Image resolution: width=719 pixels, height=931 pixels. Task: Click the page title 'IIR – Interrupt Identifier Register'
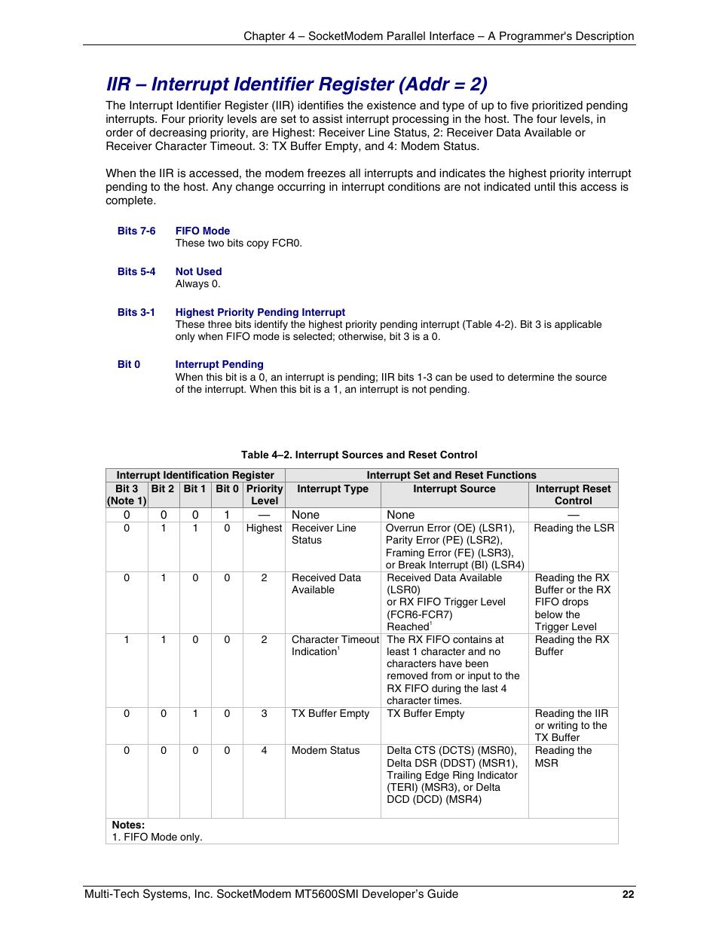pyautogui.click(x=296, y=84)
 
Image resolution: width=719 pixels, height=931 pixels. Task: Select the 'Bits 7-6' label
pyautogui.click(x=136, y=231)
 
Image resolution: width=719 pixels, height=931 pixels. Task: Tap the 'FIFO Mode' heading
pyautogui.click(x=202, y=231)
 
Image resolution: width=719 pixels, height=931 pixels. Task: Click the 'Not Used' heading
pyautogui.click(x=198, y=271)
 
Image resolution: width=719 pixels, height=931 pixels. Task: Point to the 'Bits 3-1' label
pyautogui.click(x=136, y=312)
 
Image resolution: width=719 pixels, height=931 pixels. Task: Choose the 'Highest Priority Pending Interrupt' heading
pyautogui.click(x=260, y=312)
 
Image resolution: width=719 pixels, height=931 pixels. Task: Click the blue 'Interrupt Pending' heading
pyautogui.click(x=219, y=364)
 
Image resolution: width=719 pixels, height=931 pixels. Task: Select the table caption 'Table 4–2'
pyautogui.click(x=359, y=455)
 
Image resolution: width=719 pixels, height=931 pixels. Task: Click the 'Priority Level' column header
pyautogui.click(x=264, y=495)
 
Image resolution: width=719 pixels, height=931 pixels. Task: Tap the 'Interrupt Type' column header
pyautogui.click(x=332, y=488)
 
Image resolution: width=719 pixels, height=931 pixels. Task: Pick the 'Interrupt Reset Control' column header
pyautogui.click(x=573, y=495)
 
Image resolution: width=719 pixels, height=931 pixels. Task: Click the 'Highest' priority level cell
pyautogui.click(x=264, y=528)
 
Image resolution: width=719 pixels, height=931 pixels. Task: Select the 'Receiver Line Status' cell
pyautogui.click(x=323, y=534)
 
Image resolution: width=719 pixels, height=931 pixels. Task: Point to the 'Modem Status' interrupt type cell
pyautogui.click(x=326, y=750)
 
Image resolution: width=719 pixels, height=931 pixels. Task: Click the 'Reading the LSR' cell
pyautogui.click(x=574, y=528)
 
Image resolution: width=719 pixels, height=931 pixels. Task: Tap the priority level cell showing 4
pyautogui.click(x=264, y=750)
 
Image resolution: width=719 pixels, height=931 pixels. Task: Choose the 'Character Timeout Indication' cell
pyautogui.click(x=335, y=645)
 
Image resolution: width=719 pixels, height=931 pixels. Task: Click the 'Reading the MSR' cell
pyautogui.click(x=563, y=756)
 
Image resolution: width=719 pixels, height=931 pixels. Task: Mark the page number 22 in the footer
pyautogui.click(x=628, y=894)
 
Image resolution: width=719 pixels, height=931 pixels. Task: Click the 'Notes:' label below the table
pyautogui.click(x=128, y=825)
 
